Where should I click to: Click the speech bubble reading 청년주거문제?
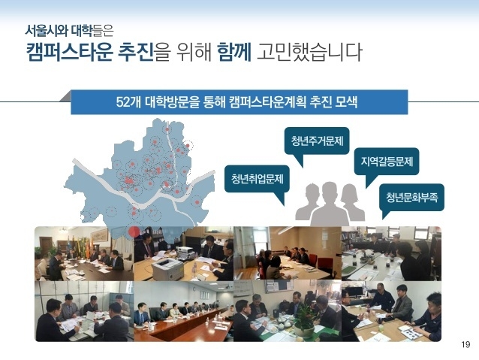pyautogui.click(x=317, y=141)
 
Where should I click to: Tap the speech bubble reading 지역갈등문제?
pyautogui.click(x=387, y=161)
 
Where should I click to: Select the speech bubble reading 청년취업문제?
pyautogui.click(x=257, y=179)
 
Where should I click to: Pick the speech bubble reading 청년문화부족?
pyautogui.click(x=411, y=197)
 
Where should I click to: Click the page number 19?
pyautogui.click(x=465, y=345)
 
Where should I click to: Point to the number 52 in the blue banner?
pyautogui.click(x=122, y=102)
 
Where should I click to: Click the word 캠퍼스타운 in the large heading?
pyautogui.click(x=70, y=51)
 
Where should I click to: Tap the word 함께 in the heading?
pyautogui.click(x=234, y=51)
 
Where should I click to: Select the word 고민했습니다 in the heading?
pyautogui.click(x=309, y=51)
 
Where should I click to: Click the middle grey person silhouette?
pyautogui.click(x=330, y=204)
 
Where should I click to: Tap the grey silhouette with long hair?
pyautogui.click(x=352, y=202)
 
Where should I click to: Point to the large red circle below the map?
pyautogui.click(x=134, y=231)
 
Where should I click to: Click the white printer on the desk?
pyautogui.click(x=167, y=268)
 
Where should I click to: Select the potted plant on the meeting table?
pyautogui.click(x=304, y=321)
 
